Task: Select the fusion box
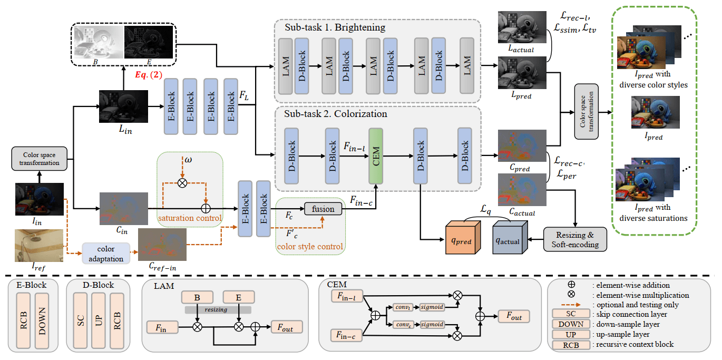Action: tap(323, 209)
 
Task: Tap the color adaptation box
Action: tap(106, 252)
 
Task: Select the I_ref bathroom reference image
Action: tap(39, 245)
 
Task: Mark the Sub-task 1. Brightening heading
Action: tap(335, 27)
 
